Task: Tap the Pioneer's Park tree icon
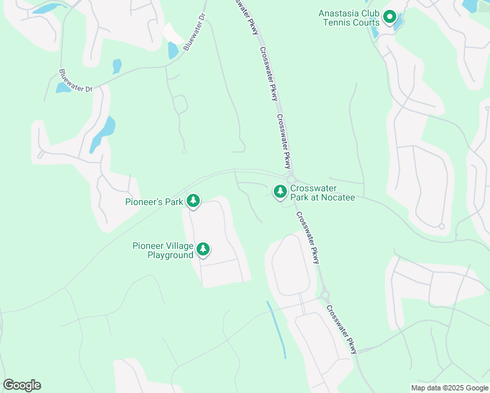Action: [193, 201]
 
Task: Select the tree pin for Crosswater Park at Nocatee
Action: [280, 191]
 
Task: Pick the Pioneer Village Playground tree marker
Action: [203, 250]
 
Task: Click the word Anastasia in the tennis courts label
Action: [339, 13]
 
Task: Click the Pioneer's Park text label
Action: [154, 202]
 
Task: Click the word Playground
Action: [170, 255]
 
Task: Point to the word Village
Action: [179, 246]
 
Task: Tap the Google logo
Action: [22, 385]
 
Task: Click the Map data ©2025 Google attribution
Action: [449, 388]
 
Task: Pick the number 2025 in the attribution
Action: [451, 388]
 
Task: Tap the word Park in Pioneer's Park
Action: [173, 202]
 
